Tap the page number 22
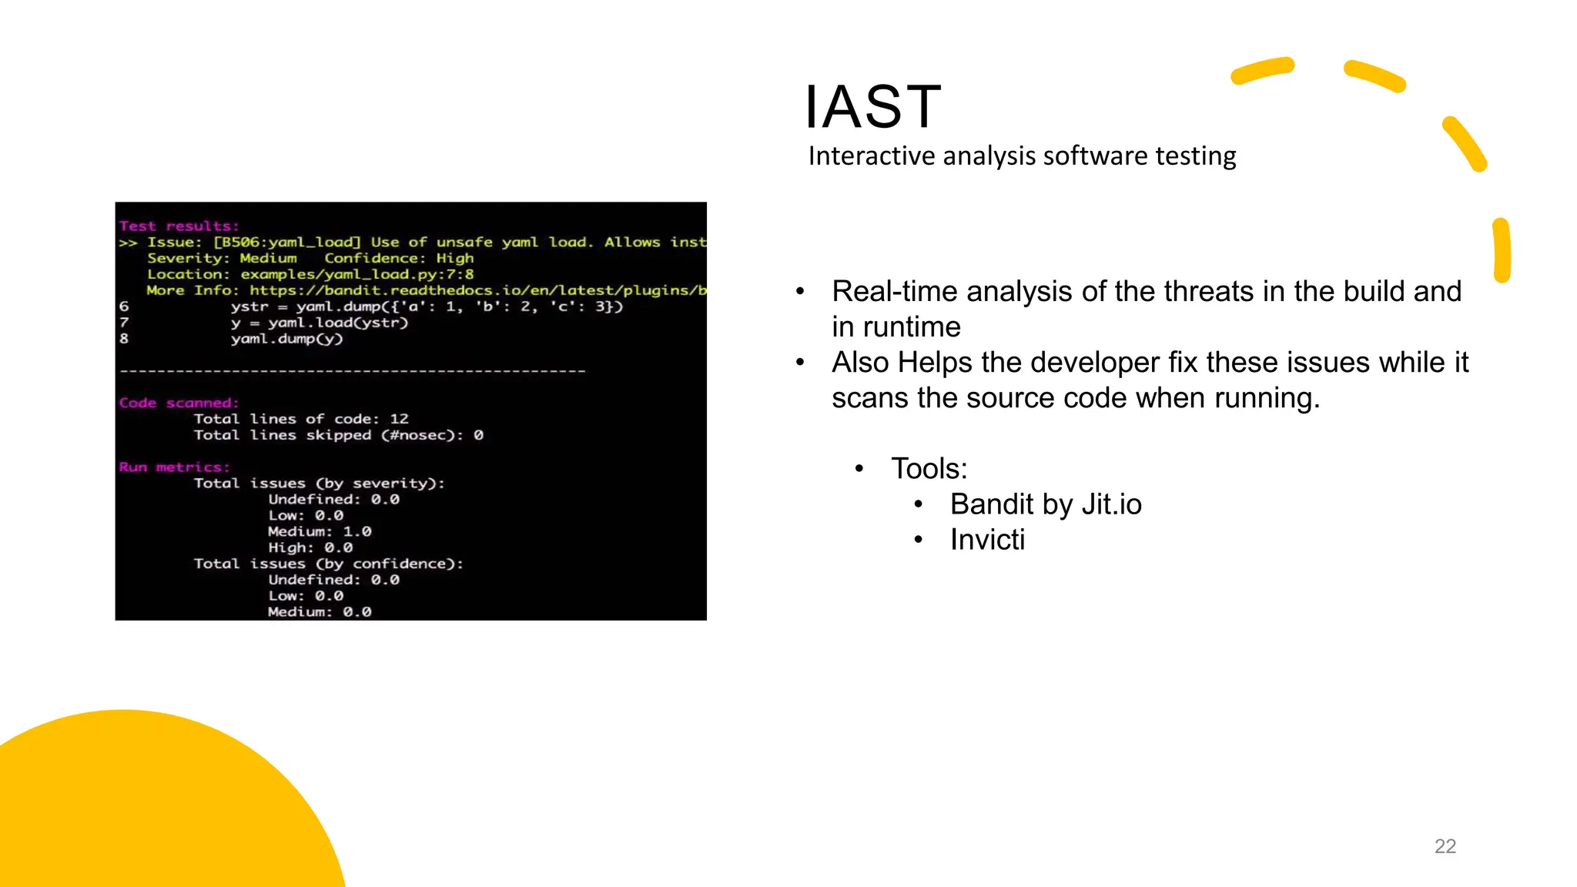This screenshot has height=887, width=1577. (1445, 846)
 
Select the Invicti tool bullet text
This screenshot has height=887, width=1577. (987, 540)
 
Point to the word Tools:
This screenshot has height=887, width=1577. (929, 469)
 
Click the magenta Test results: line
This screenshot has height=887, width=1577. (179, 226)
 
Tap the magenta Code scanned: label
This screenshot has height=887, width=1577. (179, 403)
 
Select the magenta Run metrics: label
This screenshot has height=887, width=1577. (174, 467)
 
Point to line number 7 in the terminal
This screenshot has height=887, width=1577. (124, 323)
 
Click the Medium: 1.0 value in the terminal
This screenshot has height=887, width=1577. (320, 532)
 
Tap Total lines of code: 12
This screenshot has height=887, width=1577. (300, 419)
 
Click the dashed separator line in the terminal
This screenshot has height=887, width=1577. (353, 371)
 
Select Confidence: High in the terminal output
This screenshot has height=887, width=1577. (398, 259)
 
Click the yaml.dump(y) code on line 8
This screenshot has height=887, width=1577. (286, 339)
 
